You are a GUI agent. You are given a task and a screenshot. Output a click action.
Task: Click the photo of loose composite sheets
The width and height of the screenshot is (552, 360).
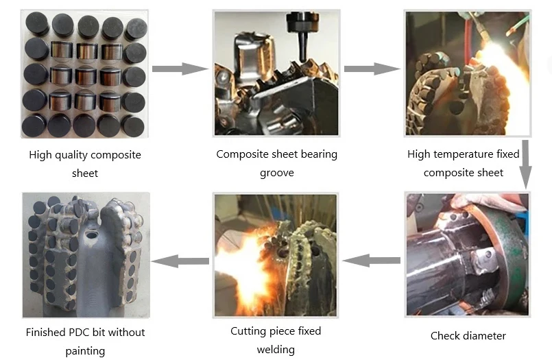pyautogui.click(x=85, y=74)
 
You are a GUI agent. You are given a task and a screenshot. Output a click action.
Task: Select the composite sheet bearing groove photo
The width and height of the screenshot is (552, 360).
pyautogui.click(x=275, y=73)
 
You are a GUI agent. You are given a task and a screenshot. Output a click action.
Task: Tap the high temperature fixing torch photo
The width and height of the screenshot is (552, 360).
pyautogui.click(x=466, y=73)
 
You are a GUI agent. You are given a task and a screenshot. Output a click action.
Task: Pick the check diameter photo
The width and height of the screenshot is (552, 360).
pyautogui.click(x=467, y=255)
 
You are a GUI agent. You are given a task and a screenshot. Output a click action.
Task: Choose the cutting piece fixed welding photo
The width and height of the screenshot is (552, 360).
pyautogui.click(x=275, y=255)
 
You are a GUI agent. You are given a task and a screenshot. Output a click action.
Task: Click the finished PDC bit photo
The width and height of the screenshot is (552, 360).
pyautogui.click(x=85, y=255)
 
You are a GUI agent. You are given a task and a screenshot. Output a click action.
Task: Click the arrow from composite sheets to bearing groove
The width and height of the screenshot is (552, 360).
pyautogui.click(x=179, y=69)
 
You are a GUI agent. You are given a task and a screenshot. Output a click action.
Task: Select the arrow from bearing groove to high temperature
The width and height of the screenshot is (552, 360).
pyautogui.click(x=371, y=69)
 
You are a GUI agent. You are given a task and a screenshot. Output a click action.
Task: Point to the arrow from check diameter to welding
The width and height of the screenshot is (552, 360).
pyautogui.click(x=371, y=260)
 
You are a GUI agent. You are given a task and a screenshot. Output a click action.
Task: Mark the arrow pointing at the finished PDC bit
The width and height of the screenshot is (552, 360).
pyautogui.click(x=179, y=261)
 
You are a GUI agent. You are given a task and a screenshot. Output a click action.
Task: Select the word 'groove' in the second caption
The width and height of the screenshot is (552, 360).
pyautogui.click(x=276, y=172)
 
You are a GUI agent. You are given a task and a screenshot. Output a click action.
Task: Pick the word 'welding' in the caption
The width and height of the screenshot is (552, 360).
pyautogui.click(x=276, y=350)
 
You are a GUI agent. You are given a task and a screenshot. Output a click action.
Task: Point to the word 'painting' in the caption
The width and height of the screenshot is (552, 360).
pyautogui.click(x=85, y=351)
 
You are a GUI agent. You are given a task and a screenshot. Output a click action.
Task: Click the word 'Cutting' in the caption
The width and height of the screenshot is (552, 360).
pyautogui.click(x=248, y=331)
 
